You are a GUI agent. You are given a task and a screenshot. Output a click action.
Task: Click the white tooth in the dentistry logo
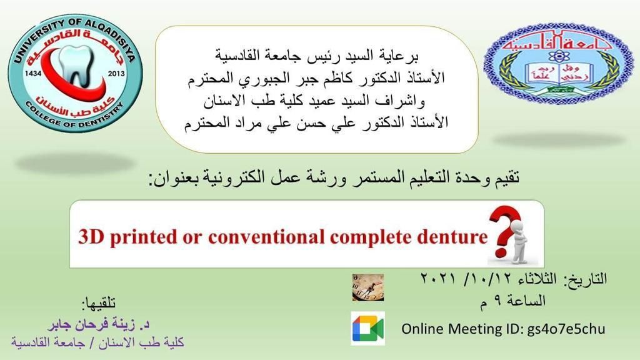[x=76, y=65]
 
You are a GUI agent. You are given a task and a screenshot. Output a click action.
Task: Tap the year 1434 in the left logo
[x=34, y=74]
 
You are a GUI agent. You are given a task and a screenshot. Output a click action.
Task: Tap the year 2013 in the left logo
[x=116, y=74]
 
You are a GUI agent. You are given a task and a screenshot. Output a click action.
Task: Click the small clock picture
[x=368, y=287]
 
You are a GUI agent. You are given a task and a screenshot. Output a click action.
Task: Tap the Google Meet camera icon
[x=367, y=329]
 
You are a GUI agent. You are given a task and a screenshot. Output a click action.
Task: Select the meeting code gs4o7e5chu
[x=566, y=329]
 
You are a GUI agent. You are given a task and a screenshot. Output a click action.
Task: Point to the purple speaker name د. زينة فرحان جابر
[x=99, y=324]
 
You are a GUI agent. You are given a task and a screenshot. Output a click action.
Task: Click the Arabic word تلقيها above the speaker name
[x=99, y=303]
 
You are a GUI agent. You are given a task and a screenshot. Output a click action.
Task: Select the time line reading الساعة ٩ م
[x=513, y=301]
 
